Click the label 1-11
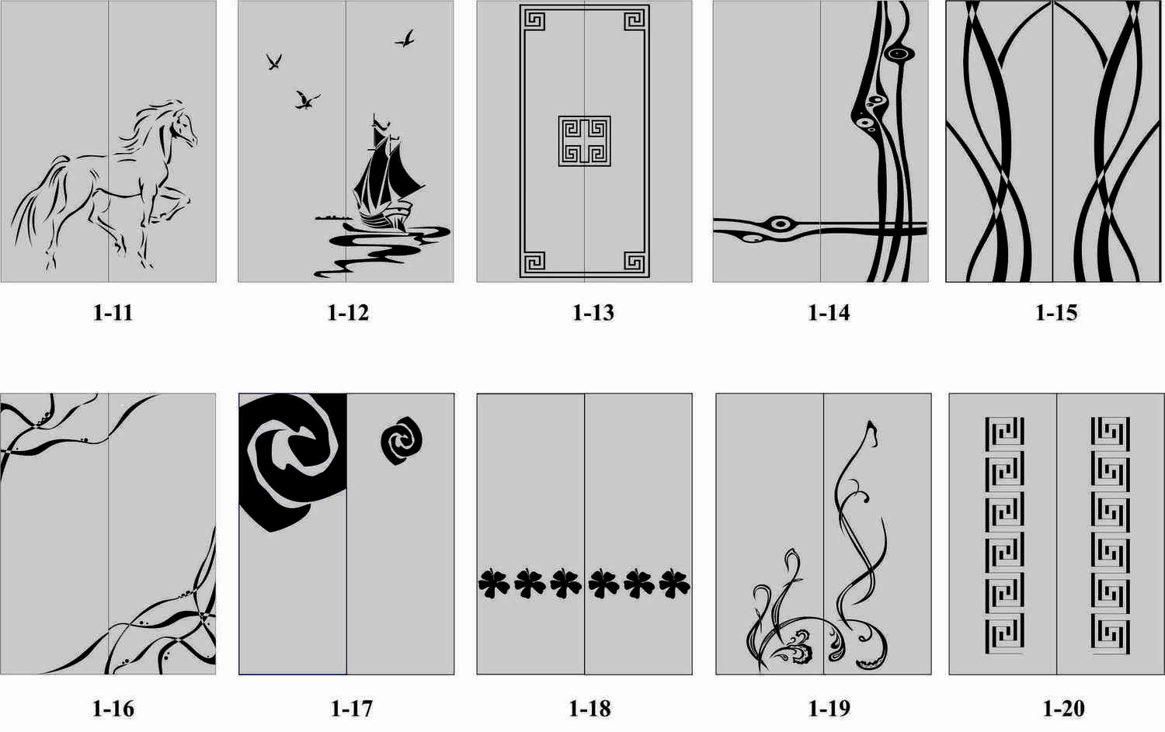pyautogui.click(x=113, y=313)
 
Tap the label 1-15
pyautogui.click(x=1056, y=313)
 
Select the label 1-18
pyautogui.click(x=589, y=709)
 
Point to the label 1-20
pyautogui.click(x=1064, y=709)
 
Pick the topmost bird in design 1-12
pyautogui.click(x=405, y=39)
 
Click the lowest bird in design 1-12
pyautogui.click(x=307, y=100)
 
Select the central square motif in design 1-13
pyautogui.click(x=584, y=141)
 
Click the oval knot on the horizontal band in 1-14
pyautogui.click(x=780, y=224)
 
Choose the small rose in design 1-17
pyautogui.click(x=401, y=440)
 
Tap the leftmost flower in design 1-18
pyautogui.click(x=493, y=584)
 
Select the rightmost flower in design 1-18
pyautogui.click(x=675, y=584)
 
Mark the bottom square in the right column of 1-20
pyautogui.click(x=1110, y=633)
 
